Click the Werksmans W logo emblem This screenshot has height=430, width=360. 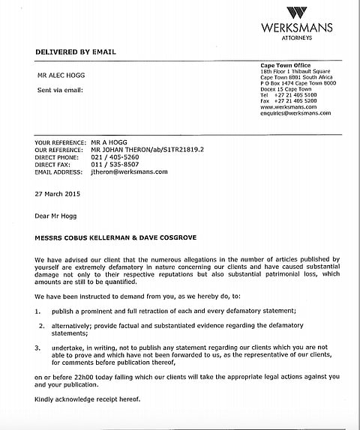coord(297,13)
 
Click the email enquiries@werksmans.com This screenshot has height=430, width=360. coord(289,112)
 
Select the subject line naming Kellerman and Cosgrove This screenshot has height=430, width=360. coord(113,237)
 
